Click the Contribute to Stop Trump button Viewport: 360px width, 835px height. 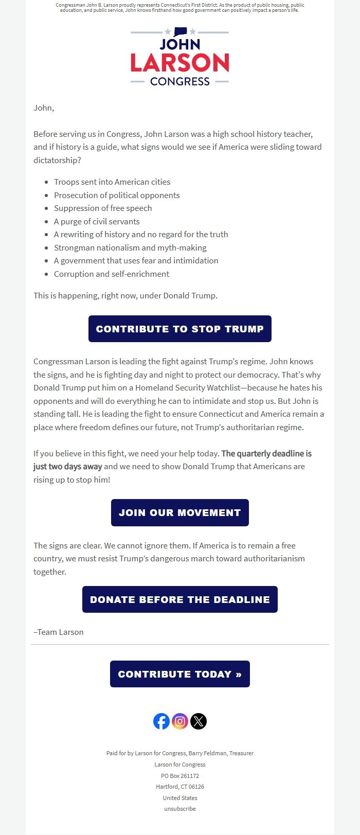(179, 329)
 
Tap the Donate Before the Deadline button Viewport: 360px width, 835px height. (179, 599)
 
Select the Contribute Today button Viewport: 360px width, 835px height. (179, 674)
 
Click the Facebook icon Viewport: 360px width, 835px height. (161, 721)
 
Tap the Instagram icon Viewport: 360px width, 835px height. (180, 721)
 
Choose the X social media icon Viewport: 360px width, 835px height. (199, 721)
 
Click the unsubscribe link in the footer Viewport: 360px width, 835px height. (180, 809)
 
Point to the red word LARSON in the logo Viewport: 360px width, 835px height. (179, 63)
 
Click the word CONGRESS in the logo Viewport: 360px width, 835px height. (179, 81)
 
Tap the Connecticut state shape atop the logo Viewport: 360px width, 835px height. (180, 31)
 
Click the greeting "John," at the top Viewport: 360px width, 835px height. (44, 108)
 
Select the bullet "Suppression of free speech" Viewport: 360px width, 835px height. (103, 208)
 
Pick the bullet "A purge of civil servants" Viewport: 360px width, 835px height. (97, 221)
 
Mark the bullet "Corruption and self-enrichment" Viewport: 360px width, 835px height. (112, 274)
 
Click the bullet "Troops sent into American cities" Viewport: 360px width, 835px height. (112, 182)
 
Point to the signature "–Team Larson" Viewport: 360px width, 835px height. (59, 632)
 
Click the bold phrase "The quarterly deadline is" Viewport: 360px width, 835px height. (266, 453)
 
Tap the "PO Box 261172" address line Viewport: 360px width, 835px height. (180, 775)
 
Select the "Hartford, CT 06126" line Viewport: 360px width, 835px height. (180, 787)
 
